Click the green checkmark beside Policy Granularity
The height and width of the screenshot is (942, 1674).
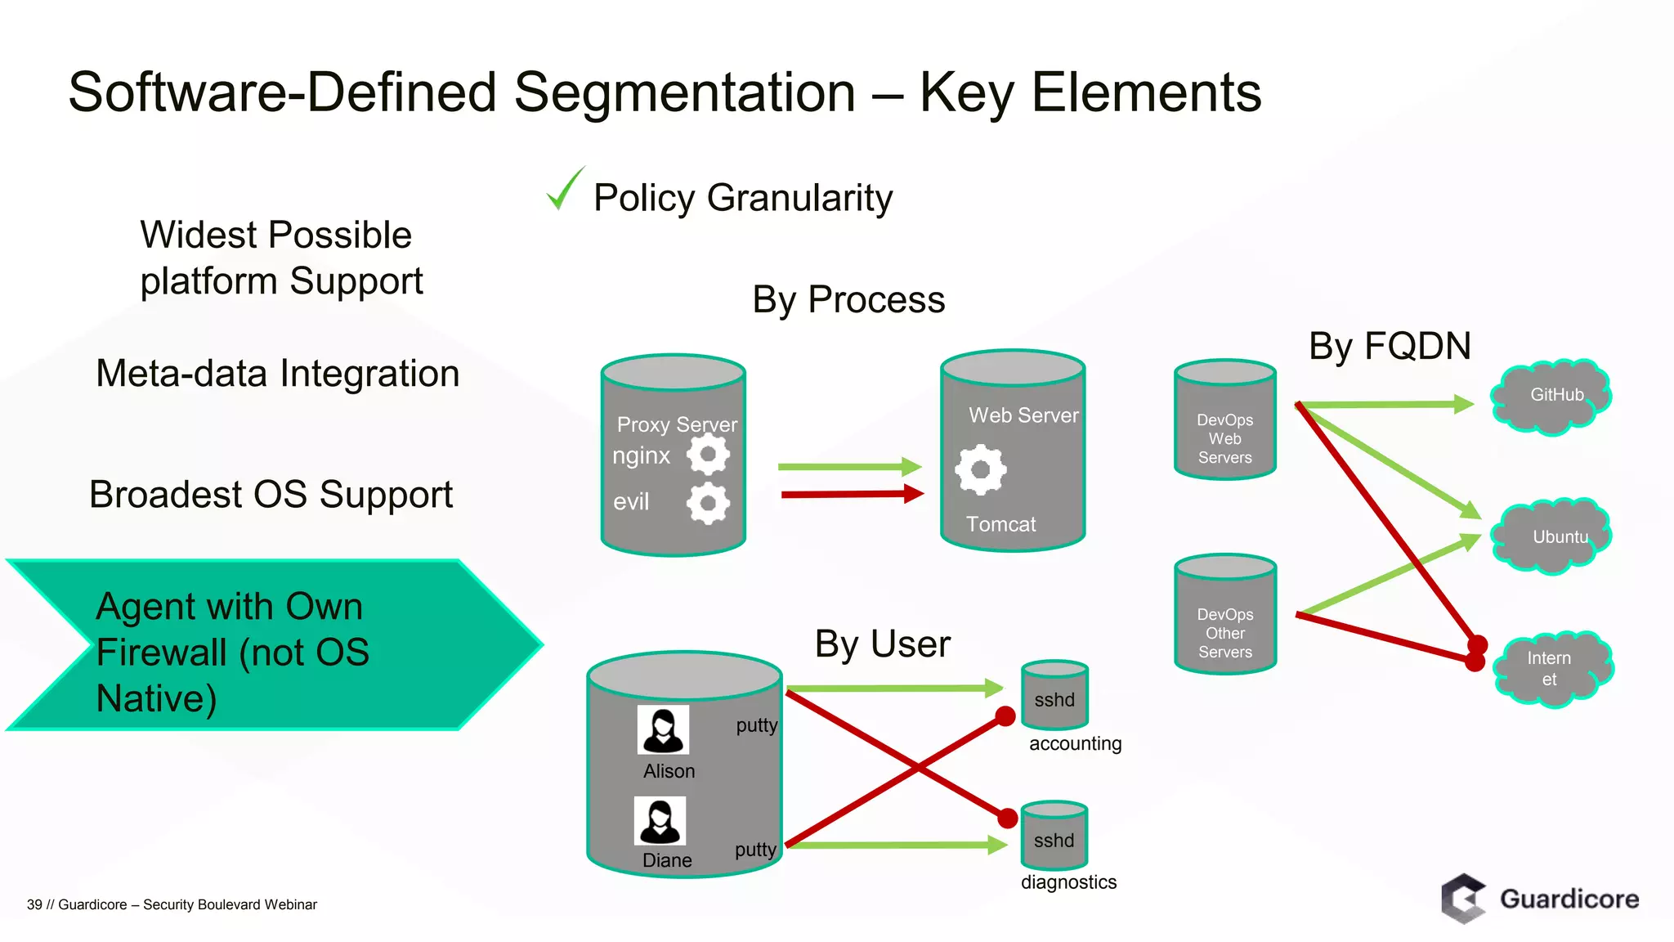pyautogui.click(x=564, y=190)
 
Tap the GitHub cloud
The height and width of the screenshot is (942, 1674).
pyautogui.click(x=1551, y=397)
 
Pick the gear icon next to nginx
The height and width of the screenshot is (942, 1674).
pyautogui.click(x=708, y=455)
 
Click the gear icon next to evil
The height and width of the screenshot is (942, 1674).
pyautogui.click(x=708, y=503)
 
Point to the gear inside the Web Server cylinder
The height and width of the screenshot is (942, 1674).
pyautogui.click(x=980, y=469)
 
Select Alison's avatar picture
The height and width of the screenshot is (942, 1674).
pyautogui.click(x=663, y=729)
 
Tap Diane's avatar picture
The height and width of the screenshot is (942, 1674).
pyautogui.click(x=660, y=821)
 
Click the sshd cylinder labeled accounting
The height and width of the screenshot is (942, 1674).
pyautogui.click(x=1054, y=696)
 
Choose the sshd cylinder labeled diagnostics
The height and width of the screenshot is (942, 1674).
pyautogui.click(x=1054, y=837)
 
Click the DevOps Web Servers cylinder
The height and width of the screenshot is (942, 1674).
pyautogui.click(x=1224, y=420)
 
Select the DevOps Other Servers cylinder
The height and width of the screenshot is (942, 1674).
pyautogui.click(x=1224, y=615)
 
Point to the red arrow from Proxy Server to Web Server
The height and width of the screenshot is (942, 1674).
pyautogui.click(x=850, y=494)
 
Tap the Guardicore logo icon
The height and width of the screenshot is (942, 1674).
pyautogui.click(x=1463, y=899)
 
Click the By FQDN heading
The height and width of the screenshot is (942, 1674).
pyautogui.click(x=1390, y=346)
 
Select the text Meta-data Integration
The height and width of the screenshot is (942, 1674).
pyautogui.click(x=277, y=374)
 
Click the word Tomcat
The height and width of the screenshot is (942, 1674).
pyautogui.click(x=1000, y=524)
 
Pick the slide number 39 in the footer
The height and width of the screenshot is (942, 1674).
pyautogui.click(x=34, y=904)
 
